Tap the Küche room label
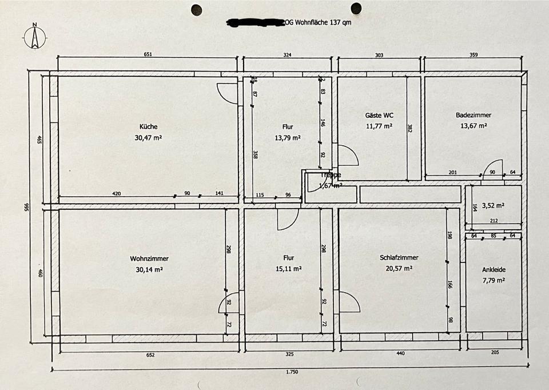(148, 127)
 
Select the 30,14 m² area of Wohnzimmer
(149, 269)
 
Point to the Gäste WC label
(379, 115)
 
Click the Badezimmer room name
(474, 115)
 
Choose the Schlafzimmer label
(395, 258)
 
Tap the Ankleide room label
(493, 269)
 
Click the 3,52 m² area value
(493, 205)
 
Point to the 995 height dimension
(26, 206)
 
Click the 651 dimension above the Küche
(148, 55)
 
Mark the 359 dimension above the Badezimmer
(474, 55)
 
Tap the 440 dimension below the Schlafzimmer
(400, 353)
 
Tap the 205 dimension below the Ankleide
(495, 353)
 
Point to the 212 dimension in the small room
(493, 221)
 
